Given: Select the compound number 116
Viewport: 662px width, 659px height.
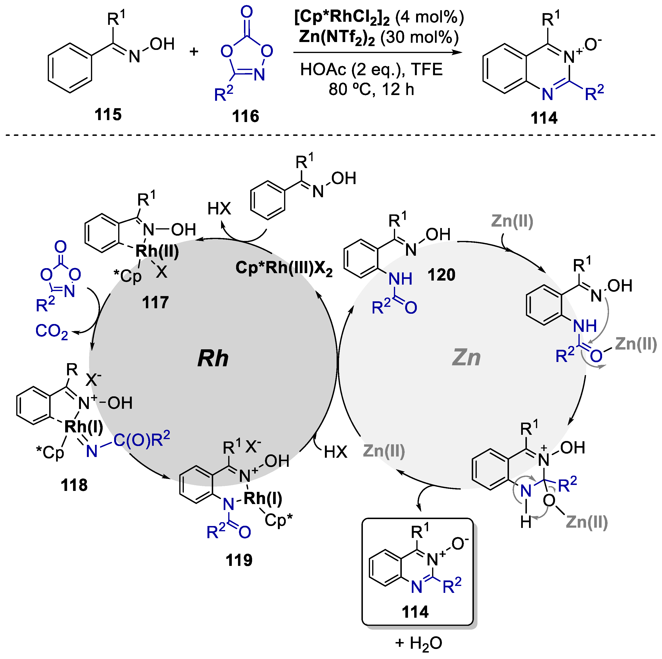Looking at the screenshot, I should point(245,116).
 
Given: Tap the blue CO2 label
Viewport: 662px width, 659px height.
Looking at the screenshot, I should point(51,331).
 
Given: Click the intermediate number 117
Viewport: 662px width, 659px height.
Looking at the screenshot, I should point(155,303).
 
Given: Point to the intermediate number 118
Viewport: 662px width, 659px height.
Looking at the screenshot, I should point(74,485).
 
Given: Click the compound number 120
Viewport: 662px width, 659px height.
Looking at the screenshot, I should point(441,275).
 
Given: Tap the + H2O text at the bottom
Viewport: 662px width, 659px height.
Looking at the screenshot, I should point(418,643).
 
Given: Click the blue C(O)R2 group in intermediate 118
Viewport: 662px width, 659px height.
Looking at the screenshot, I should point(142,440).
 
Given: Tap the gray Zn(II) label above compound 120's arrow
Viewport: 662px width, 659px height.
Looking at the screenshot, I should point(512,221).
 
